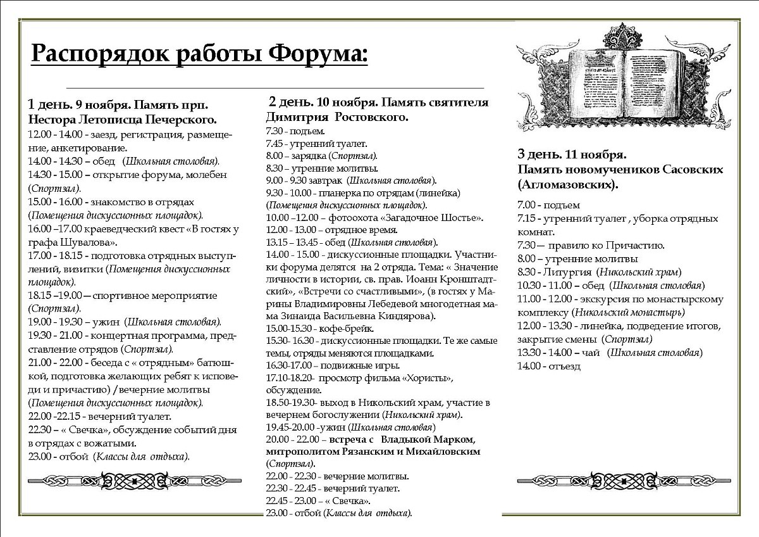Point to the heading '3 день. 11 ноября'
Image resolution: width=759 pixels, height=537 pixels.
(572, 154)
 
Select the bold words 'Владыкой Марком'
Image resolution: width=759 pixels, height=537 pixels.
(436, 439)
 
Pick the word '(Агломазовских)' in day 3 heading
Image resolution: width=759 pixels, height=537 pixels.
(567, 184)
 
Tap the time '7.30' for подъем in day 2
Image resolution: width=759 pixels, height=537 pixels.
(275, 132)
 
